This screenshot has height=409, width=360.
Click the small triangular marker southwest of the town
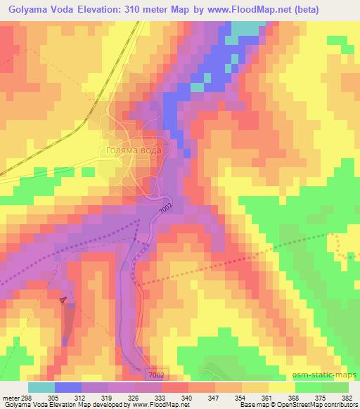(63, 300)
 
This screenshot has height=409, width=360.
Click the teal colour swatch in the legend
(41, 387)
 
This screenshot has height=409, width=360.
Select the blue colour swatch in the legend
(68, 387)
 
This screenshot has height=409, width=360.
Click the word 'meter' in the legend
(11, 398)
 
